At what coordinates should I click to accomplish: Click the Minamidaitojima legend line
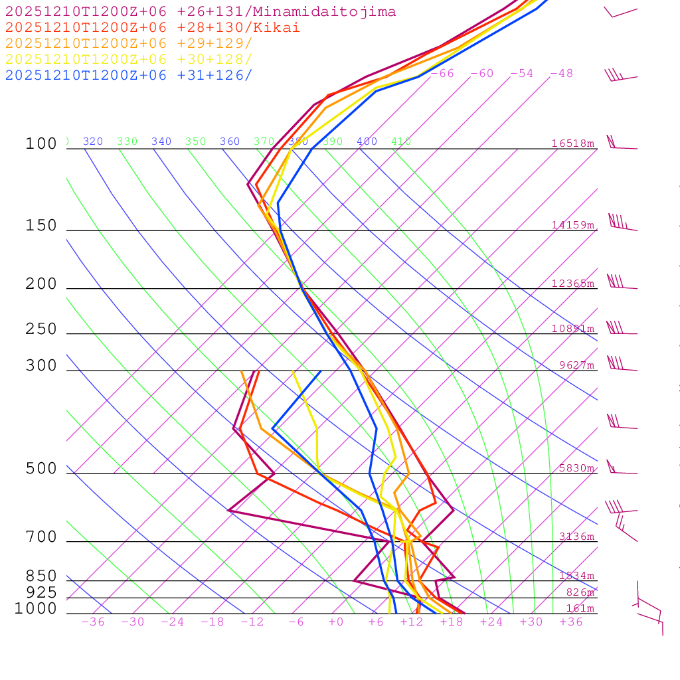click(201, 12)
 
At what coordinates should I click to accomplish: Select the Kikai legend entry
click(153, 28)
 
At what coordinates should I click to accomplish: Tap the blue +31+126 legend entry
click(129, 76)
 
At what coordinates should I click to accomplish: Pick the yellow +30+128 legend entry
click(129, 60)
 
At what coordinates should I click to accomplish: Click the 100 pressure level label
click(41, 143)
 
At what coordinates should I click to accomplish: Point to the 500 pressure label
click(41, 469)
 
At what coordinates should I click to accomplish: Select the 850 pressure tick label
click(41, 576)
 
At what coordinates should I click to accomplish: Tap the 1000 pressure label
click(36, 608)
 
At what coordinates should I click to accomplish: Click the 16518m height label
click(573, 143)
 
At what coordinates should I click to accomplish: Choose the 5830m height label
click(576, 468)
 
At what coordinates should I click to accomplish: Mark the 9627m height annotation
click(576, 365)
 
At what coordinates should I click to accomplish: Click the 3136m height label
click(576, 537)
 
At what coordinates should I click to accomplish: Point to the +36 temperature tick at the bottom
click(571, 622)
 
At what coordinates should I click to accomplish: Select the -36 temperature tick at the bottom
click(92, 622)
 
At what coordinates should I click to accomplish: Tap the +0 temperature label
click(336, 622)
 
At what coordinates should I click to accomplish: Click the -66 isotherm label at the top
click(442, 74)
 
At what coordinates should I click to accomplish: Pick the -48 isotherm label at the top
click(562, 74)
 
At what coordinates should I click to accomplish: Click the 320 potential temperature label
click(93, 141)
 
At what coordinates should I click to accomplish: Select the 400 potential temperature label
click(367, 141)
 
